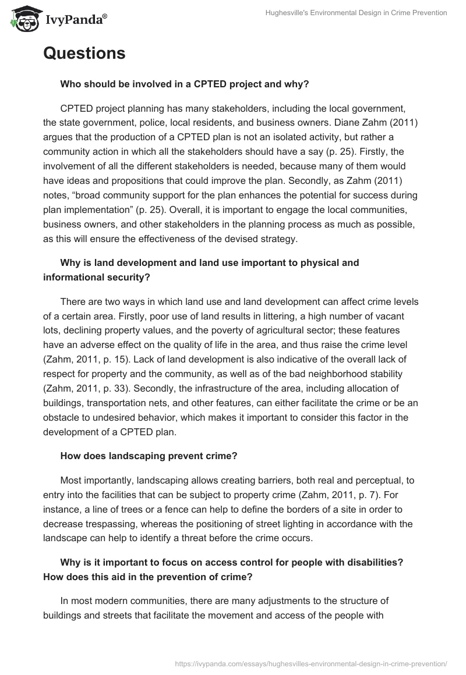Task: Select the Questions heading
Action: tap(84, 54)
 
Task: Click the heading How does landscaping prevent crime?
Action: tap(149, 456)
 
